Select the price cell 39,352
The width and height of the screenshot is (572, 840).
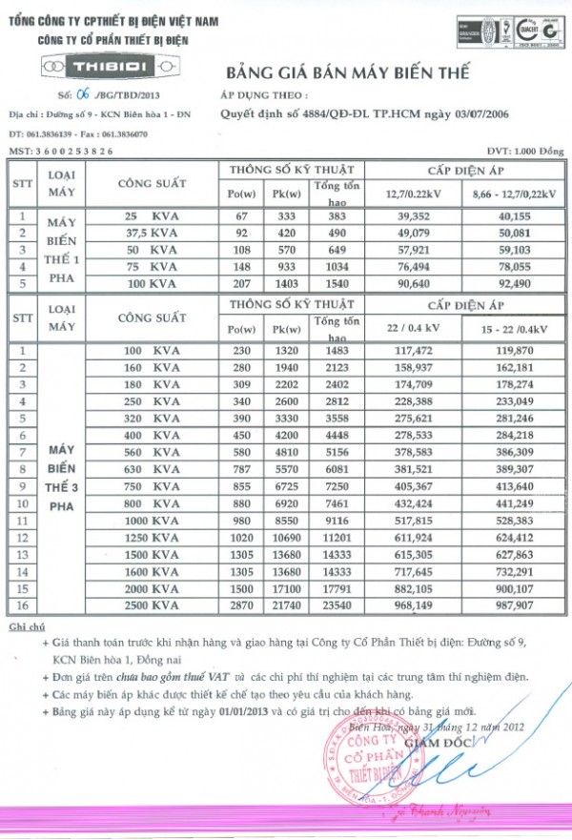409,215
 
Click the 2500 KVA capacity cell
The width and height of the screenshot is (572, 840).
152,604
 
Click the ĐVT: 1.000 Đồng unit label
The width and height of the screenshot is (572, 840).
523,152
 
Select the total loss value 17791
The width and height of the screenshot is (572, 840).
330,588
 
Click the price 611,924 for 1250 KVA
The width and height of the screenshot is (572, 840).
409,539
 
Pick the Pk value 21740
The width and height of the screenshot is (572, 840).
285,604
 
